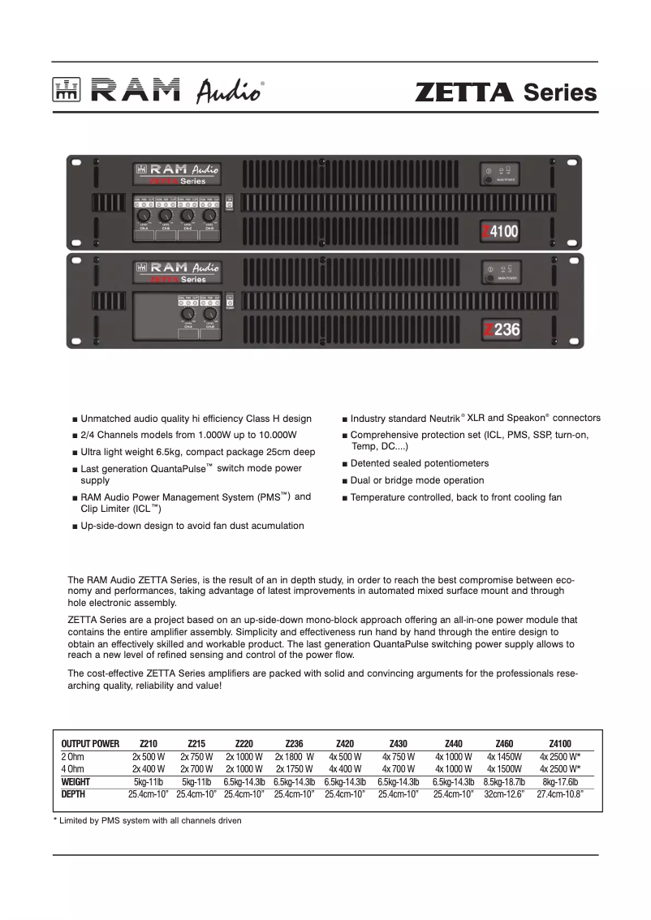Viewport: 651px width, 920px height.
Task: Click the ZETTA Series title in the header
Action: pyautogui.click(x=505, y=92)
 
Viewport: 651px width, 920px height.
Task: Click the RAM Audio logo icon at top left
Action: pyautogui.click(x=64, y=92)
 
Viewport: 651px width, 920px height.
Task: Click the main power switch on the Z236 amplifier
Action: pyautogui.click(x=489, y=278)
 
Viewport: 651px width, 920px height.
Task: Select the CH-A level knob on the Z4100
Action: pyautogui.click(x=143, y=217)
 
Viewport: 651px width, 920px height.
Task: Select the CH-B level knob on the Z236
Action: pyautogui.click(x=210, y=314)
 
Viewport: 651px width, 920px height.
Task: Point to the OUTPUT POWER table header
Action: pyautogui.click(x=90, y=743)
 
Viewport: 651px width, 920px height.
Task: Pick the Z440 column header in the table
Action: pyautogui.click(x=453, y=743)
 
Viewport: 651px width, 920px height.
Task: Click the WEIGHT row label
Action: pyautogui.click(x=76, y=782)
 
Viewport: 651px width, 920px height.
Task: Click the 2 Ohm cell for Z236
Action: pyautogui.click(x=294, y=756)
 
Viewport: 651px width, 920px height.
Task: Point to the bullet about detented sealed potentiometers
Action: pyautogui.click(x=419, y=463)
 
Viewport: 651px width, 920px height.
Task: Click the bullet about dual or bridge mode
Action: pyautogui.click(x=416, y=480)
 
